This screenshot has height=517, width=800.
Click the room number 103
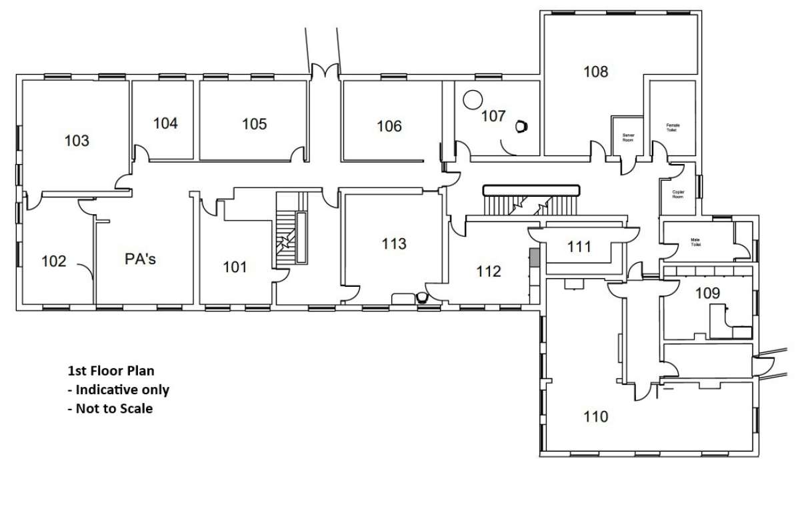click(77, 141)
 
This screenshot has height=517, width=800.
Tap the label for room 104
click(165, 123)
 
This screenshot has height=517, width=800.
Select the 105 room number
click(254, 123)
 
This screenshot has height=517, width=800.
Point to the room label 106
click(389, 125)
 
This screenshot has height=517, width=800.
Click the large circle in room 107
click(472, 99)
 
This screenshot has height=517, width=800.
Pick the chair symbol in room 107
click(521, 125)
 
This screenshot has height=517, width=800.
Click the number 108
click(595, 71)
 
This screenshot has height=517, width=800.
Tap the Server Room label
click(627, 137)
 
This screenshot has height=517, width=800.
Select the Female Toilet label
click(673, 128)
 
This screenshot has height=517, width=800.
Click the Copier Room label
click(678, 194)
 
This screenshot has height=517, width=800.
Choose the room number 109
click(707, 292)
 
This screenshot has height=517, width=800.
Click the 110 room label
click(595, 417)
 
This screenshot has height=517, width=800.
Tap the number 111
click(579, 247)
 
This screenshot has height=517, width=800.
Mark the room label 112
click(488, 272)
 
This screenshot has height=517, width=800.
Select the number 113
click(394, 243)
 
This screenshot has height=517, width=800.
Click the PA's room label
click(140, 259)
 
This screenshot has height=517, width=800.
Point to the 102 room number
click(54, 261)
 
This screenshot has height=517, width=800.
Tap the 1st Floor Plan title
click(111, 370)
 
